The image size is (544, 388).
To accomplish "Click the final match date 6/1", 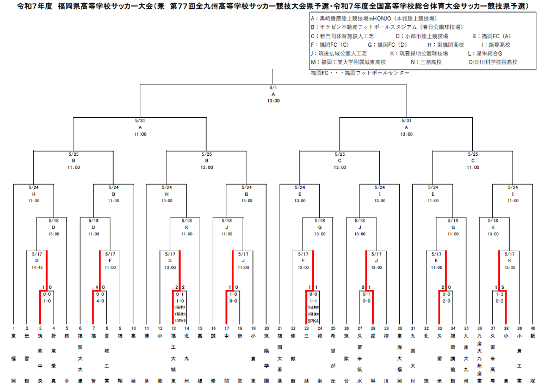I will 273,87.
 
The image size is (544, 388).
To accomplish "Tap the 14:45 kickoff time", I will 36,268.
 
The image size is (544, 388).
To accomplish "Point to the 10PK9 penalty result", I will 180,321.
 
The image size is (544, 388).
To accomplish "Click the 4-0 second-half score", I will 100,300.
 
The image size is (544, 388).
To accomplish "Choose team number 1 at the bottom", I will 14,329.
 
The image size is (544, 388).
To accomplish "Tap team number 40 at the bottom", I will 532,329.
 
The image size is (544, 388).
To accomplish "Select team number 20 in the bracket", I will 267,329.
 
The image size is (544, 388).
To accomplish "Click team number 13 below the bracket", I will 173,329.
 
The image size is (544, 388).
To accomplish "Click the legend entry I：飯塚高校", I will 496,45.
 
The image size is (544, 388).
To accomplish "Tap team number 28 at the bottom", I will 373,329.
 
